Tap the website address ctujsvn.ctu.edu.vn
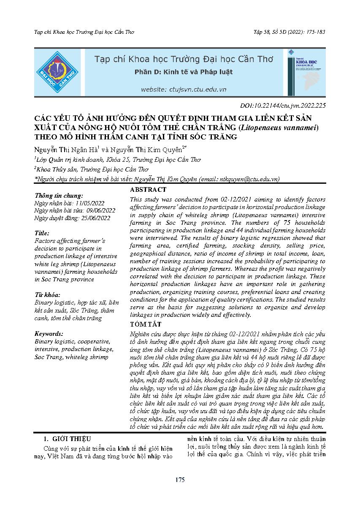[184, 90]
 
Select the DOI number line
[282, 106]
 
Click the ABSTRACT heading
[148, 190]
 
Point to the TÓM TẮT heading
[146, 324]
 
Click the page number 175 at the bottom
[180, 480]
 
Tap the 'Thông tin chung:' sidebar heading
[59, 196]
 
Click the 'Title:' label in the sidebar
[42, 233]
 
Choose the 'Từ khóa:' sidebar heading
[47, 295]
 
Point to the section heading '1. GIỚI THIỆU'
[68, 439]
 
